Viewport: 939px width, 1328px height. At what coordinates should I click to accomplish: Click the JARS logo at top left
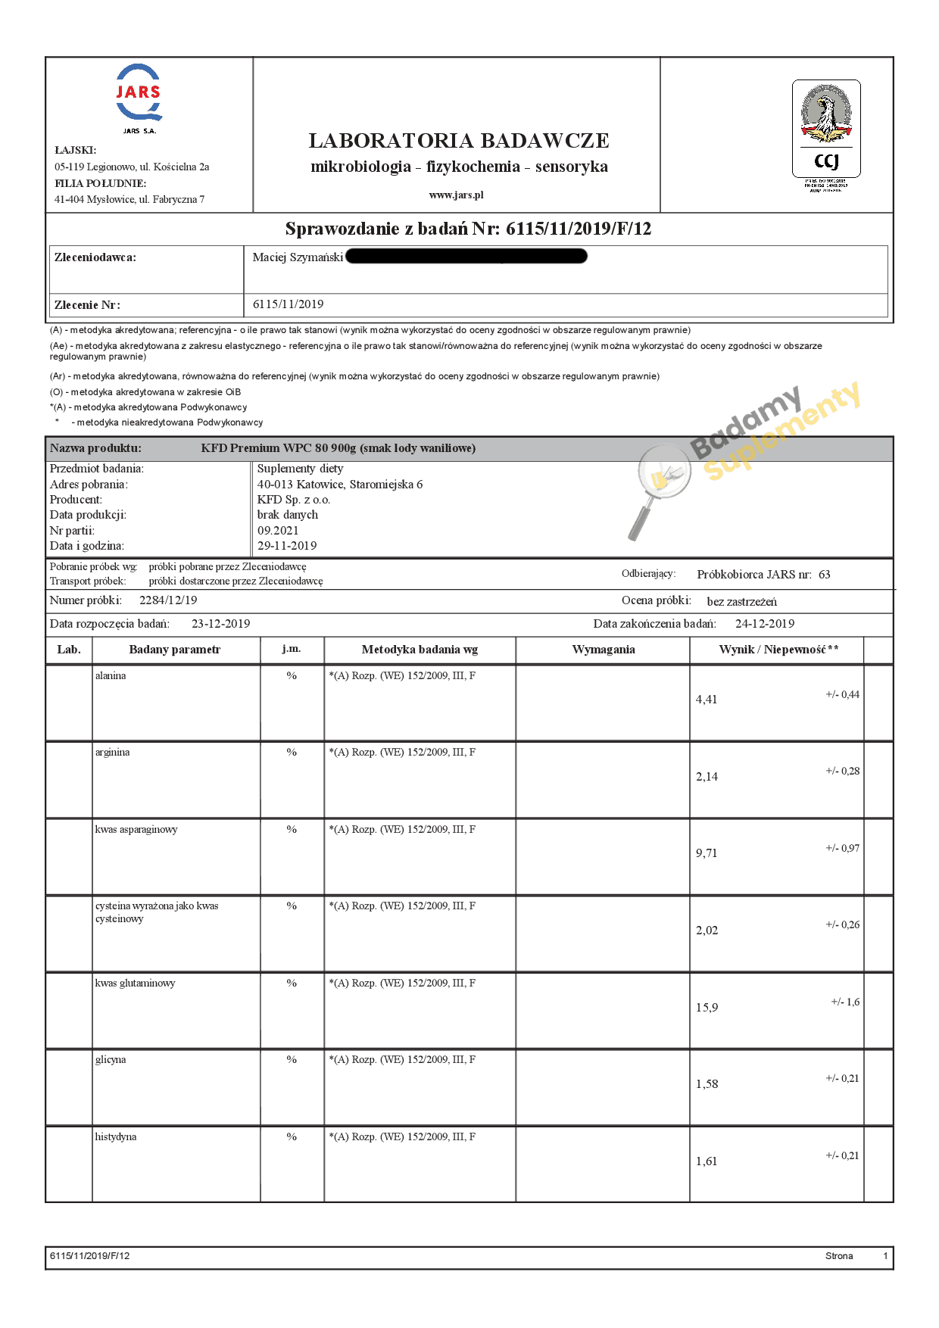(139, 95)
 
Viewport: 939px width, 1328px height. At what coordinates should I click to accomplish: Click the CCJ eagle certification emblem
(826, 129)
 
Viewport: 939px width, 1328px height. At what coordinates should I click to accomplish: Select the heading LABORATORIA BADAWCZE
(459, 141)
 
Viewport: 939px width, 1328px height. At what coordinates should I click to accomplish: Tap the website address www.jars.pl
(456, 195)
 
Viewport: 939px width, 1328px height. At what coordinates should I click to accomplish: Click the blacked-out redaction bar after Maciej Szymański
(466, 257)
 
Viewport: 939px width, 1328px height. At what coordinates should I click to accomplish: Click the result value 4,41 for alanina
(707, 700)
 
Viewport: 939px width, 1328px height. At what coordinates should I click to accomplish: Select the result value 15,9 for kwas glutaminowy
(707, 1008)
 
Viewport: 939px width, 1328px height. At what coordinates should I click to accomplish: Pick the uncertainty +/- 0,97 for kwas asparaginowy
(842, 848)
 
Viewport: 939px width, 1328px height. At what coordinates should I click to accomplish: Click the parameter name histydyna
(116, 1136)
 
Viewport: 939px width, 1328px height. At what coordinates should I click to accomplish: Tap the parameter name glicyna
(111, 1059)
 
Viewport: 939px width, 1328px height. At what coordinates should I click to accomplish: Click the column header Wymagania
(604, 650)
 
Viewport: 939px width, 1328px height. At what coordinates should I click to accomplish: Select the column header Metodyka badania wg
(420, 650)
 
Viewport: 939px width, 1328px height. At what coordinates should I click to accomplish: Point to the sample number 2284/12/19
(168, 600)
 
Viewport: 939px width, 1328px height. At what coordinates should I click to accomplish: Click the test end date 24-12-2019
(765, 624)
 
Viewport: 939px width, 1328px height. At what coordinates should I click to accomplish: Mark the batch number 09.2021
(278, 530)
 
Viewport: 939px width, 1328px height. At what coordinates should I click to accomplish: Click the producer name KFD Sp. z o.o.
(294, 500)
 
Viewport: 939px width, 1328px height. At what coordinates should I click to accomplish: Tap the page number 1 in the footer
(885, 1256)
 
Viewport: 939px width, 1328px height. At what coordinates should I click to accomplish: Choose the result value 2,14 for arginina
(707, 777)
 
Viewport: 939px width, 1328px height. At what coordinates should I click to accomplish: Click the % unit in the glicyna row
(292, 1059)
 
